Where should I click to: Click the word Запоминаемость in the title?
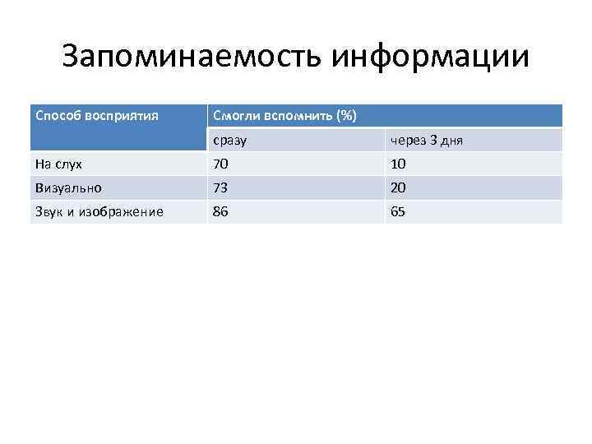[x=193, y=57]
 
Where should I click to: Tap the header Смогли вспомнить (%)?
[x=284, y=116]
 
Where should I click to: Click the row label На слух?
[x=58, y=164]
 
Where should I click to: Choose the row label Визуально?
[x=68, y=187]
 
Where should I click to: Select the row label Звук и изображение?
[x=99, y=212]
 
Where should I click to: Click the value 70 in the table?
[x=220, y=164]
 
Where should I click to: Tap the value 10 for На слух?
[x=398, y=164]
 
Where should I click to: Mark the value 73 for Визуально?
[x=220, y=187]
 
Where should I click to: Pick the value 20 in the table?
[x=398, y=187]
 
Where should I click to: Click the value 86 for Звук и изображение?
[x=220, y=211]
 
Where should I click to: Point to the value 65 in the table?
[x=398, y=211]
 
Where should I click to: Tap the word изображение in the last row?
[x=126, y=212]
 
